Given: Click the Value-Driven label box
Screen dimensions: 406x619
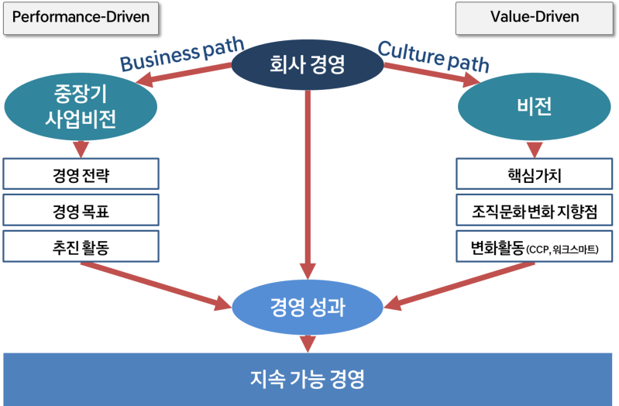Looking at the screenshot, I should (x=535, y=17).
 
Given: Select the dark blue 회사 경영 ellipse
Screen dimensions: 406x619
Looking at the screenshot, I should (x=308, y=65).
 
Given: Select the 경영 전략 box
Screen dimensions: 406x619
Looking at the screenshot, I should (x=81, y=175).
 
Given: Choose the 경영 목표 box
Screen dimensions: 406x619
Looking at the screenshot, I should (x=81, y=211).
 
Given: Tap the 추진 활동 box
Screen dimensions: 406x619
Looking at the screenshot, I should (x=81, y=246).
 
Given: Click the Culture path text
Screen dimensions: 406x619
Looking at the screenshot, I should (x=435, y=56).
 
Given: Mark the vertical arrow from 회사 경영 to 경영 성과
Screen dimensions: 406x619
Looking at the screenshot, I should (x=308, y=186).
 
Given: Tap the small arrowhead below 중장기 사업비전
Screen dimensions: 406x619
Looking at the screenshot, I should (x=78, y=149).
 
